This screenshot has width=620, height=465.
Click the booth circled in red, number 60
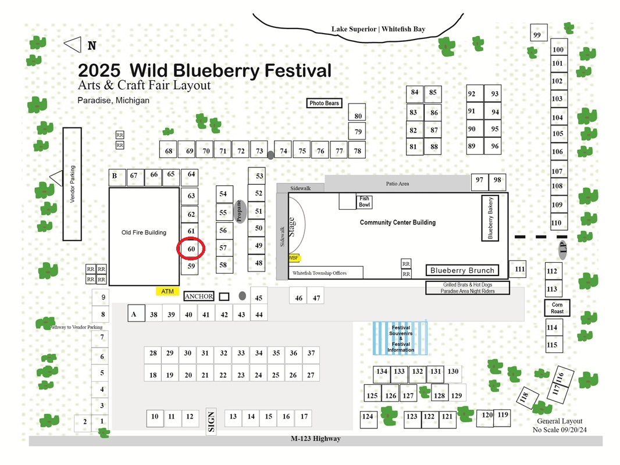191,249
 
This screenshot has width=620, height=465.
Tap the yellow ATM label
168,291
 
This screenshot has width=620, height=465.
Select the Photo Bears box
324,103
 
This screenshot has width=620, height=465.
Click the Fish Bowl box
364,202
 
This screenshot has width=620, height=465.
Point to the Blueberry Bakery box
490,218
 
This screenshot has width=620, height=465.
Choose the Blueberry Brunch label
462,270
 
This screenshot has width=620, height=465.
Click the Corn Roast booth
557,307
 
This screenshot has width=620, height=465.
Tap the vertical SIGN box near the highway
211,421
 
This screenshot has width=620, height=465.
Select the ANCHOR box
199,296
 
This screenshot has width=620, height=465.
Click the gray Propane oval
240,212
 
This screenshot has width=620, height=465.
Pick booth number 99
539,33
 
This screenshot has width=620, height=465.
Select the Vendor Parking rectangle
72,184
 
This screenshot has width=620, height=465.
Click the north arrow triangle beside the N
73,45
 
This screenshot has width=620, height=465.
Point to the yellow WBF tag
294,258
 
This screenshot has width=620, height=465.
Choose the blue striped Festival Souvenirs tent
400,338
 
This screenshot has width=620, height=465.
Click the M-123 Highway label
316,438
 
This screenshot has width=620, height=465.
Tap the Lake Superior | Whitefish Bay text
379,29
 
